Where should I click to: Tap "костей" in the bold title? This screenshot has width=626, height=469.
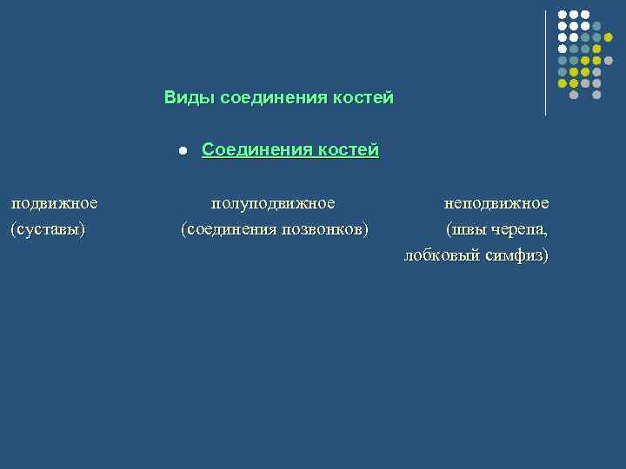(x=363, y=97)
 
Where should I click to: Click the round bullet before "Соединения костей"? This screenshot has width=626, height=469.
(x=183, y=151)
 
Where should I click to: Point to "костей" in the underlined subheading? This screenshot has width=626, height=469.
(x=348, y=150)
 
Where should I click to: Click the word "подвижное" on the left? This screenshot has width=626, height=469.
(x=54, y=203)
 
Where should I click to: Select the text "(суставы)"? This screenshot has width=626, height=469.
(x=48, y=230)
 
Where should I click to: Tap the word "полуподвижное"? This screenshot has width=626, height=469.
(x=273, y=203)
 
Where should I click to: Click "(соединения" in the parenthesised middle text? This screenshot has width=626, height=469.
(x=229, y=230)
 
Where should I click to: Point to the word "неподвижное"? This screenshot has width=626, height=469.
(x=496, y=203)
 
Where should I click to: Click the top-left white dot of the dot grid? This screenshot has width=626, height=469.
(x=563, y=15)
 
